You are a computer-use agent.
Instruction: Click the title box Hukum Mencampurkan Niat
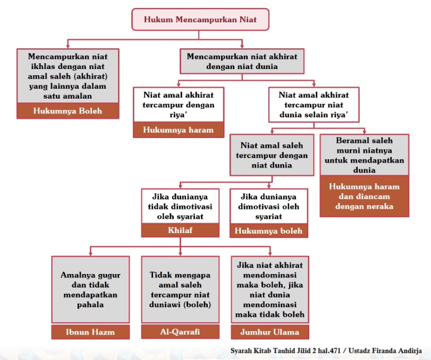pos(199,20)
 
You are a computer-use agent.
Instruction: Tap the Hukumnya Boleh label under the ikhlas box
pos(67,111)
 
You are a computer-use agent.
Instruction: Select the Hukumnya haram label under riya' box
pos(179,130)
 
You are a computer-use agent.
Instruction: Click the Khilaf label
pos(180,230)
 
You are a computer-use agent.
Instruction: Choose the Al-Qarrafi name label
pos(180,332)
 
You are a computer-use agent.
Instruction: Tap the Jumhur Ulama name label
pos(269,332)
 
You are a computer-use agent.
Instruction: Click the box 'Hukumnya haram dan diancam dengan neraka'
pos(364,196)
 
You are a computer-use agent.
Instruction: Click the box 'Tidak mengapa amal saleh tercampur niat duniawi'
pos(180,289)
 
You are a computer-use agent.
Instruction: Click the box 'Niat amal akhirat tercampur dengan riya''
pos(179,104)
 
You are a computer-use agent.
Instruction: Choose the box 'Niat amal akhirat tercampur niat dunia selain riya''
pos(314,104)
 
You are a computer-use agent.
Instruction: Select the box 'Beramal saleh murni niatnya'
pos(364,156)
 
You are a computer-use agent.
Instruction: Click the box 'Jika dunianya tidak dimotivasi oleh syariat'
pos(180,205)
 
